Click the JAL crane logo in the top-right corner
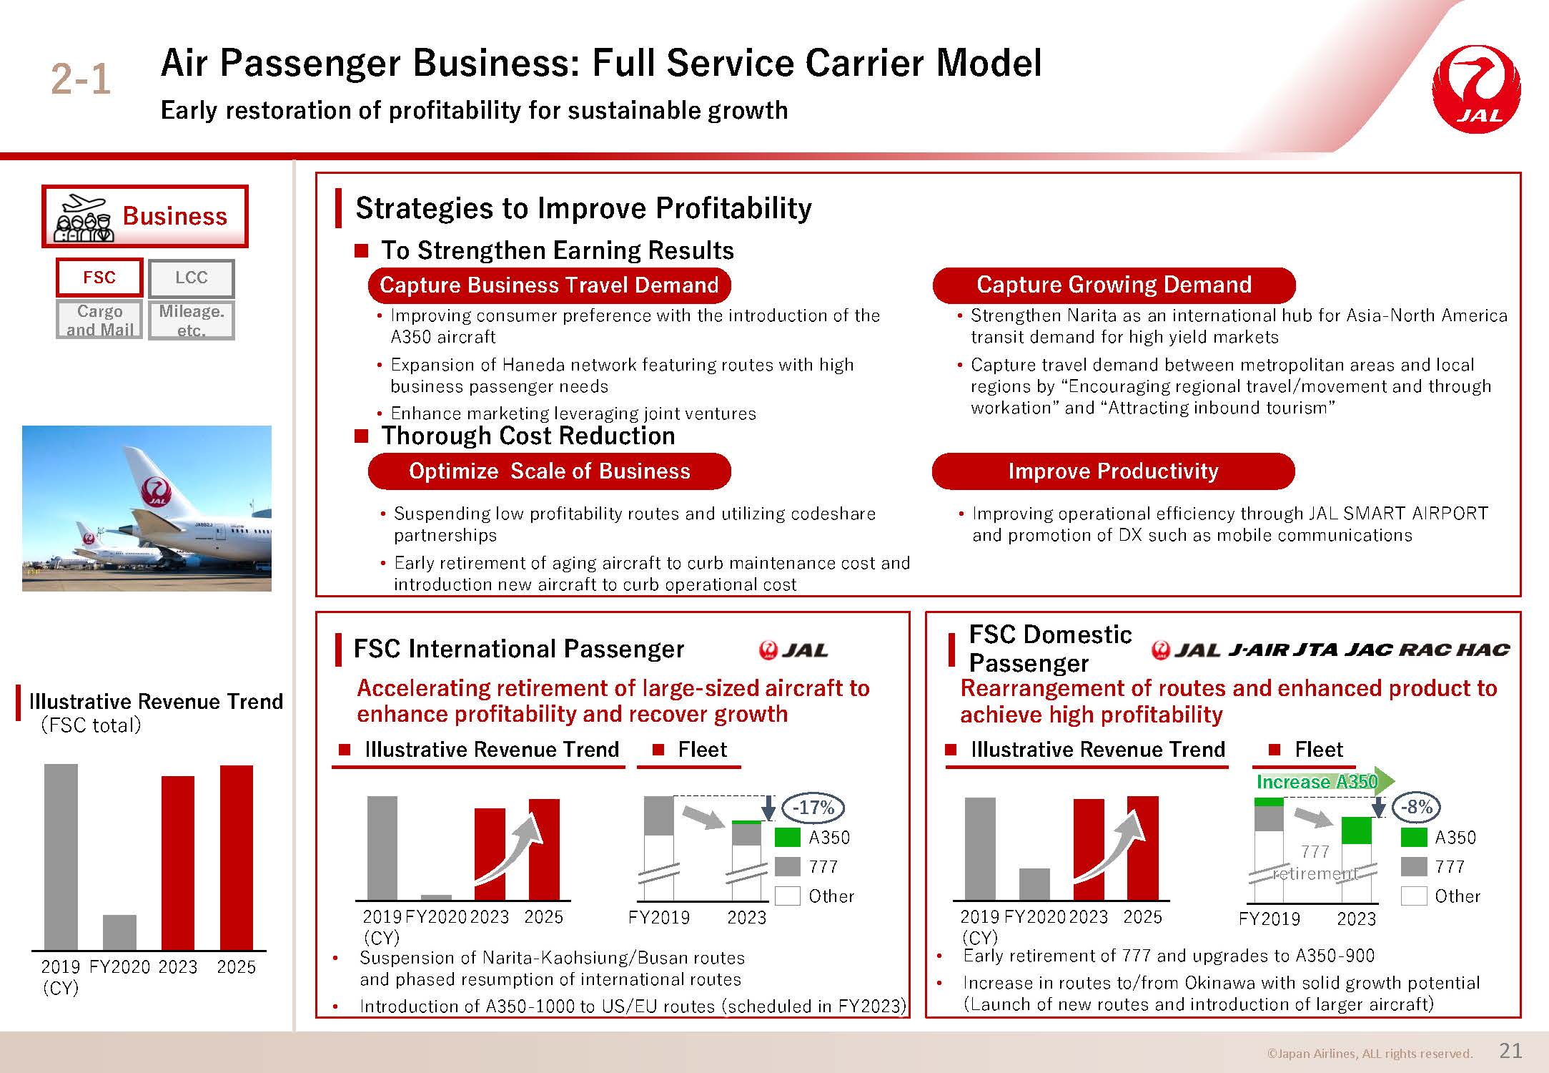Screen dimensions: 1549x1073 1477,89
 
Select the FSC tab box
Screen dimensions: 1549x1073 99,278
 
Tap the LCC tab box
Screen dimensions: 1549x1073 191,278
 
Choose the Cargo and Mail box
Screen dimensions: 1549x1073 99,320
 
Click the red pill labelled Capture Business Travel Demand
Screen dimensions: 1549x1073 549,285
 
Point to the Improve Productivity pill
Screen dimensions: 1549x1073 1113,471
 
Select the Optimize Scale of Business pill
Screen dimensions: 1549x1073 549,471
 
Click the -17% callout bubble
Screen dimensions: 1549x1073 813,808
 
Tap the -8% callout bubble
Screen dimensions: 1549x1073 1416,807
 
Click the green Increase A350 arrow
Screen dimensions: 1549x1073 1325,781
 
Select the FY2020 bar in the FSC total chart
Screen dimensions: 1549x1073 119,933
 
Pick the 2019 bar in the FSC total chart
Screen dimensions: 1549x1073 61,857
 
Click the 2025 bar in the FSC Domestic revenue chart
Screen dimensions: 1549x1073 1142,848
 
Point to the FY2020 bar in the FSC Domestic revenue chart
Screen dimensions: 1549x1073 1034,884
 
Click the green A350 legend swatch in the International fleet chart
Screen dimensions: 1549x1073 787,837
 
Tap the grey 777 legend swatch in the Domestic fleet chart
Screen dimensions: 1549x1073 1414,866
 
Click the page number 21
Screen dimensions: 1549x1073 1510,1050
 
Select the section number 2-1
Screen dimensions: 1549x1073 81,79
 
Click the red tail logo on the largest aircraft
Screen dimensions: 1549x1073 157,491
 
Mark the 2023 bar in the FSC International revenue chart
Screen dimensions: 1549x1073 490,854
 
